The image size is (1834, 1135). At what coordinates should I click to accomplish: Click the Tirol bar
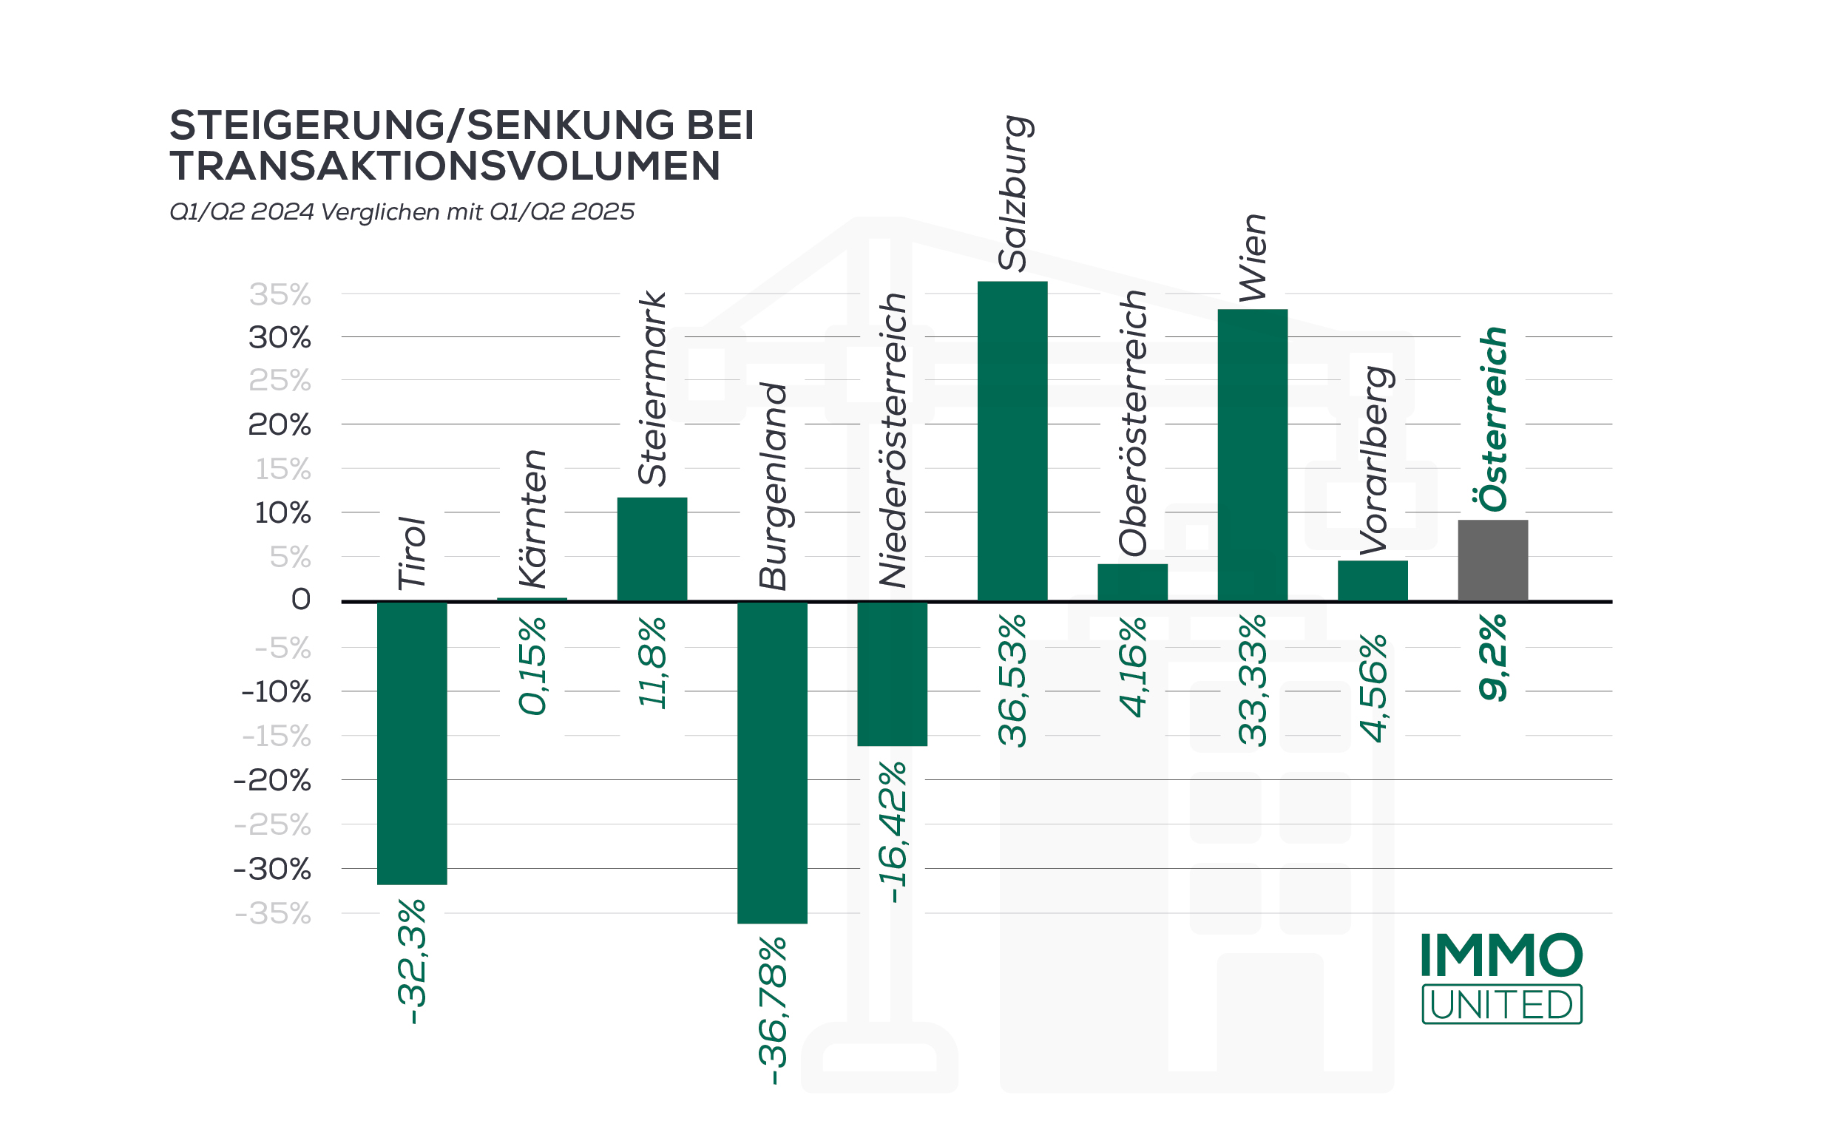pos(411,743)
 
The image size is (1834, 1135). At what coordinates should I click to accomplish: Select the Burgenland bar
pos(772,762)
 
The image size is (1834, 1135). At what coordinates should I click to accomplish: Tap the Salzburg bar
pos(1012,441)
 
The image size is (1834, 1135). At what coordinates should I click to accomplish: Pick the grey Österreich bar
pos(1492,560)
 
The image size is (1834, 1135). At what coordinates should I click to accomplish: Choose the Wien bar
pos(1252,455)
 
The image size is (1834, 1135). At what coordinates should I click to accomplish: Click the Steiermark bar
pos(652,549)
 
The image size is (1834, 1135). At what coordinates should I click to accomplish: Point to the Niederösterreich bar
pos(892,674)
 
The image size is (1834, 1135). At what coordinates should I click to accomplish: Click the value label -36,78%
pos(774,1009)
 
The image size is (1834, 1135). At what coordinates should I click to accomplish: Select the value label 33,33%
pos(1252,680)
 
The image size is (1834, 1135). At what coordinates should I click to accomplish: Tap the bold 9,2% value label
pos(1492,657)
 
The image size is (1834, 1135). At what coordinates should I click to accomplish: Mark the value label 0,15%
pos(533,665)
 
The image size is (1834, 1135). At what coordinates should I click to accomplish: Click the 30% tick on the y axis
pos(280,338)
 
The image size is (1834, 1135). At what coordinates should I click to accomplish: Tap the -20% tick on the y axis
pos(271,781)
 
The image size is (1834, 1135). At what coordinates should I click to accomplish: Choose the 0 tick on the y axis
pos(300,599)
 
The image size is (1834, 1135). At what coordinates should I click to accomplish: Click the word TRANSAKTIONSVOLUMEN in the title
pos(444,166)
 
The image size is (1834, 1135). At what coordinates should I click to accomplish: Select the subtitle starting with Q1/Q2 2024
pos(402,211)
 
